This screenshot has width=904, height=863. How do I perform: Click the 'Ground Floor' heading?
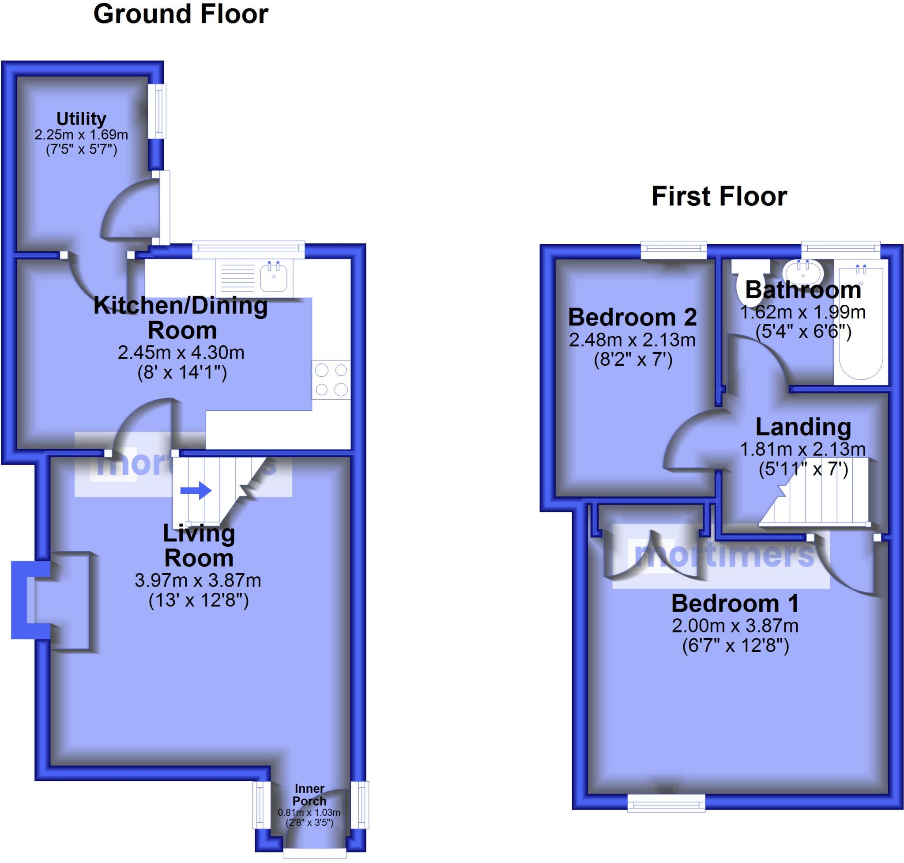click(181, 14)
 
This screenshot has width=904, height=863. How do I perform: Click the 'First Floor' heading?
click(719, 196)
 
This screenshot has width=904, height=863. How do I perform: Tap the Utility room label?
click(81, 119)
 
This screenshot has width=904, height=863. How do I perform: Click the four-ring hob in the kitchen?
click(331, 380)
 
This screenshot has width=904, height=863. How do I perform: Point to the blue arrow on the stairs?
click(196, 490)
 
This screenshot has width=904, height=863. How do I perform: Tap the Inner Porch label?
click(309, 795)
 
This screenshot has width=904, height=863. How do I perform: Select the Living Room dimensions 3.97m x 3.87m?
click(198, 580)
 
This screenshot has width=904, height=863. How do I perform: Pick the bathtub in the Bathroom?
click(861, 322)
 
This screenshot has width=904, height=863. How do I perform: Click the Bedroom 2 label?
click(632, 318)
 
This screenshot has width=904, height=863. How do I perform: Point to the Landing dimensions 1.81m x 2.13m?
click(802, 449)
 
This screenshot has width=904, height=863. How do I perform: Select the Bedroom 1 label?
click(735, 604)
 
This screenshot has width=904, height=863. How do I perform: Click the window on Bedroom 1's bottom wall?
click(666, 804)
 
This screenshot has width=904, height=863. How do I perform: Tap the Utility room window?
click(159, 111)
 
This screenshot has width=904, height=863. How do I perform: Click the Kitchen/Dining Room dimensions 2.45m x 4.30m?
click(181, 353)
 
